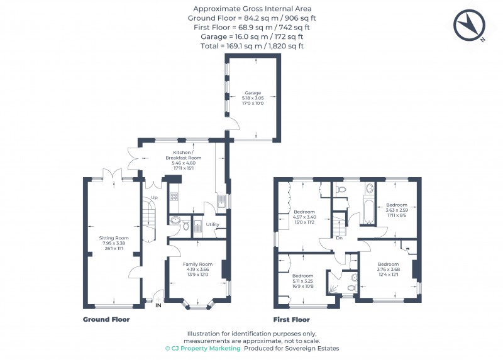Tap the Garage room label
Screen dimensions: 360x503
tap(253, 98)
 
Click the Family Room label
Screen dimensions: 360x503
tap(197, 269)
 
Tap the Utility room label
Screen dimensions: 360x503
tap(213, 224)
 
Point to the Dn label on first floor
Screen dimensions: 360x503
tap(339, 238)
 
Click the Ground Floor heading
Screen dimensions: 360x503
tap(106, 319)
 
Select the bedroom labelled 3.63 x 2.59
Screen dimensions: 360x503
tap(397, 210)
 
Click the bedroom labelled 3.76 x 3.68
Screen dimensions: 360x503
tap(388, 269)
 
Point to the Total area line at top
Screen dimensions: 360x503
tap(251, 46)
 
